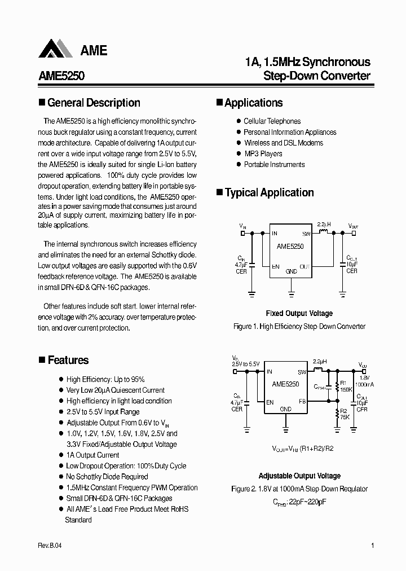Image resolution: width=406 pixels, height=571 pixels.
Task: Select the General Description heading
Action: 93,103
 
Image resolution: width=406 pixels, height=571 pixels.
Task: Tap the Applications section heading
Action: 253,103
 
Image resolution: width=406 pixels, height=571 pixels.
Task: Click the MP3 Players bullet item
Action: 263,153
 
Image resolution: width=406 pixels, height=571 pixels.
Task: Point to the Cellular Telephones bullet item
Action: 272,121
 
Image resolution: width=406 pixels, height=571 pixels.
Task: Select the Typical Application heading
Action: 269,192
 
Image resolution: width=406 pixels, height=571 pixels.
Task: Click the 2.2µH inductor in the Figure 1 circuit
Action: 324,231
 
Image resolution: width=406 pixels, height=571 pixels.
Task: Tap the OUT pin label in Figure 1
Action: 304,266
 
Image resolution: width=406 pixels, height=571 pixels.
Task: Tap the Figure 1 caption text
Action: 299,327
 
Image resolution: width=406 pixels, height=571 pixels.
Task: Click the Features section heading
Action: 68,360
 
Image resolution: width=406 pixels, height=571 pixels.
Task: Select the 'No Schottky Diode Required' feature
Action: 107,477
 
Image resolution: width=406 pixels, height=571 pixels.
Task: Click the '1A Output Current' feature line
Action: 92,455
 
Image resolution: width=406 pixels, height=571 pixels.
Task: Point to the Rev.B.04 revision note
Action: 50,546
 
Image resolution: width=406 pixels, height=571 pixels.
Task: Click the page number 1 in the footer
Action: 372,546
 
